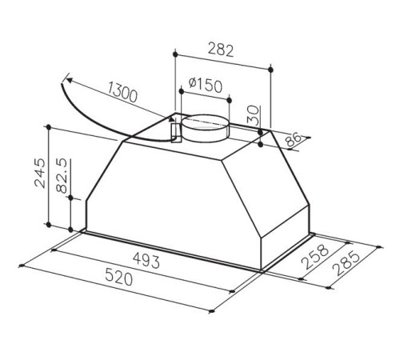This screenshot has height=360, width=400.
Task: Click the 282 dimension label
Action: pyautogui.click(x=221, y=50)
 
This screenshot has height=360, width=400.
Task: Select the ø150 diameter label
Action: pyautogui.click(x=205, y=85)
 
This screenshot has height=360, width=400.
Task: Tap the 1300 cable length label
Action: pyautogui.click(x=122, y=92)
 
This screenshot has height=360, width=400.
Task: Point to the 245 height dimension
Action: pyautogui.click(x=41, y=173)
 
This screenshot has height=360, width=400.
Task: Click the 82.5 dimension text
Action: pyautogui.click(x=62, y=175)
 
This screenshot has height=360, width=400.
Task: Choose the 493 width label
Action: pyautogui.click(x=146, y=260)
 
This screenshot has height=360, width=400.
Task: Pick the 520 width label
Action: pyautogui.click(x=118, y=277)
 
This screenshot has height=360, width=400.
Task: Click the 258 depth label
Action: pyautogui.click(x=314, y=257)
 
